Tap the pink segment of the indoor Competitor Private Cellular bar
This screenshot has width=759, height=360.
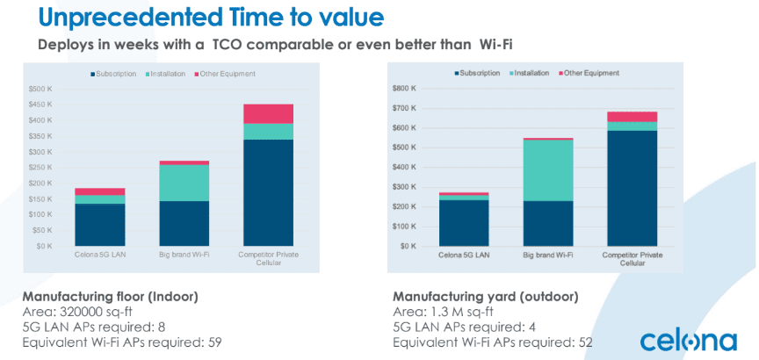pos(268,114)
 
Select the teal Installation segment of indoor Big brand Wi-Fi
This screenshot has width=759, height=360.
pos(184,183)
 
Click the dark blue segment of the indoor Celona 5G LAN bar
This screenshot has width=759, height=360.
pos(100,225)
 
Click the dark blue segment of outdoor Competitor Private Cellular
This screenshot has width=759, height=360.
pos(632,188)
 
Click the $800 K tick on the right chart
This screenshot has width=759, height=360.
pos(406,89)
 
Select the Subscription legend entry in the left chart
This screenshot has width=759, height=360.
pos(113,74)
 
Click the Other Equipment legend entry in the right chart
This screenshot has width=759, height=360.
pos(589,73)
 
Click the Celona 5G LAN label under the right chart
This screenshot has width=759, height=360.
pos(464,255)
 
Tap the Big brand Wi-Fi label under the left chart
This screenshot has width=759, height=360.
pos(184,255)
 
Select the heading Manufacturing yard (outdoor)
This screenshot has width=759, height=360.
pos(486,297)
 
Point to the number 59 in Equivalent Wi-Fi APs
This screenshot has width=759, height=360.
pos(215,342)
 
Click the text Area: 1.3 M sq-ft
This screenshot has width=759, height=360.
pos(442,312)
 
